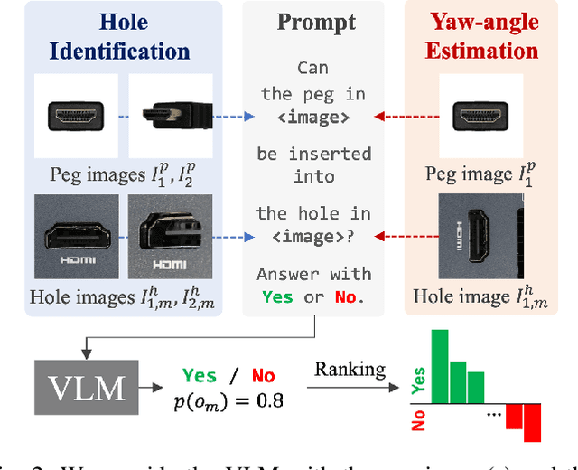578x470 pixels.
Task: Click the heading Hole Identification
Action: click(111, 35)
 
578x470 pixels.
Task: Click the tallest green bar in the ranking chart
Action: click(440, 368)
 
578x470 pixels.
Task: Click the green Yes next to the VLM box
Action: click(200, 374)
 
